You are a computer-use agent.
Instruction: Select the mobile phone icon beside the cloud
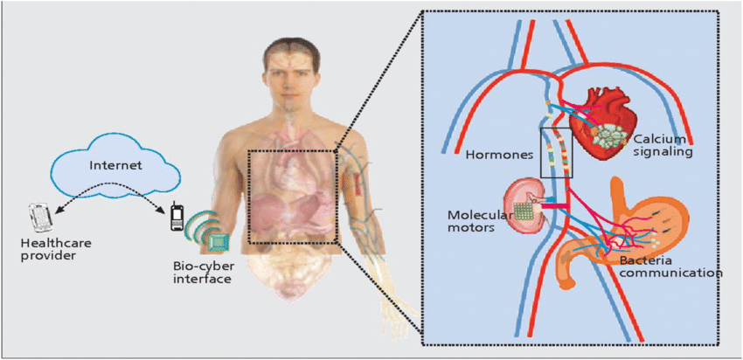pos(177,218)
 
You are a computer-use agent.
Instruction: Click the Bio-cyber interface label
pos(203,272)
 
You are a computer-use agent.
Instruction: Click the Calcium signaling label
pos(663,145)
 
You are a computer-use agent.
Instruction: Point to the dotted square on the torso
pos(292,196)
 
